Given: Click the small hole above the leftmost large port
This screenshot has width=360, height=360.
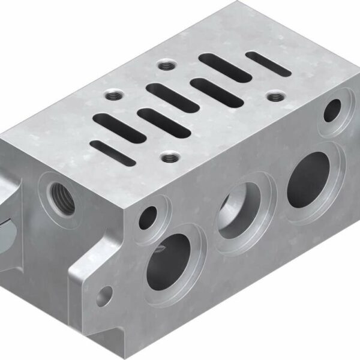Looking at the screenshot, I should point(147,217).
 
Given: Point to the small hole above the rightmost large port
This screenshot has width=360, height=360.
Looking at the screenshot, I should point(332,109).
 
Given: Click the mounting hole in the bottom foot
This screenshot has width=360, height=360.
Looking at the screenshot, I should point(105,295).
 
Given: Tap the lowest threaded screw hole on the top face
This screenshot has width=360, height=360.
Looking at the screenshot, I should point(171,158).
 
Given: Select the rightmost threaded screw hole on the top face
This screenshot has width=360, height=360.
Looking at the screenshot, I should point(275,95).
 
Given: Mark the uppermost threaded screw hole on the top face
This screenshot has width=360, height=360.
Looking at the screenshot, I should point(166,65).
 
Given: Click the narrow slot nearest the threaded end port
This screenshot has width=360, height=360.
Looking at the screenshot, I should point(112,152).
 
